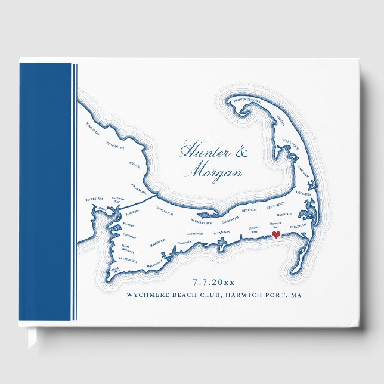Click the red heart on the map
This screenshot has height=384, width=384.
276,236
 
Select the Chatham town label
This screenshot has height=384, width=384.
298,227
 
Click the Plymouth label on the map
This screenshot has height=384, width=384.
114,144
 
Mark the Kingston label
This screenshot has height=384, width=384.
93,126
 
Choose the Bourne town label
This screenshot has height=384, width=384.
131,210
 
